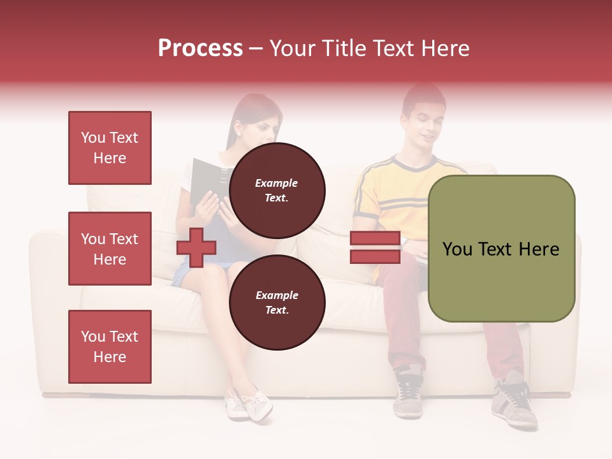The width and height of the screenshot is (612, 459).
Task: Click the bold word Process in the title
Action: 200,48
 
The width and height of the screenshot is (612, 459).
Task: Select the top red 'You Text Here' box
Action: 110,148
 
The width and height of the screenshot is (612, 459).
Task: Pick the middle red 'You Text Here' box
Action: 110,249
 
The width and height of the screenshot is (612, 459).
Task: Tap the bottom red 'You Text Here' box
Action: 110,347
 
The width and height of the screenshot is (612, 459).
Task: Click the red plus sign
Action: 196,247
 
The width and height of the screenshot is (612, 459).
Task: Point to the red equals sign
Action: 375,247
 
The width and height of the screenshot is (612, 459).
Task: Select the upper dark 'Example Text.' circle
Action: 277,191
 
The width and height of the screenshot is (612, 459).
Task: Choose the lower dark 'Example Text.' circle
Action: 277,303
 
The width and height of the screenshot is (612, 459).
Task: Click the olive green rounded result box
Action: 501,249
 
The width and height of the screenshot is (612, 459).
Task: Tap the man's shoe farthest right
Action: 515,402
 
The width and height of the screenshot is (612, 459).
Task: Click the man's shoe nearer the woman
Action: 408,391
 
